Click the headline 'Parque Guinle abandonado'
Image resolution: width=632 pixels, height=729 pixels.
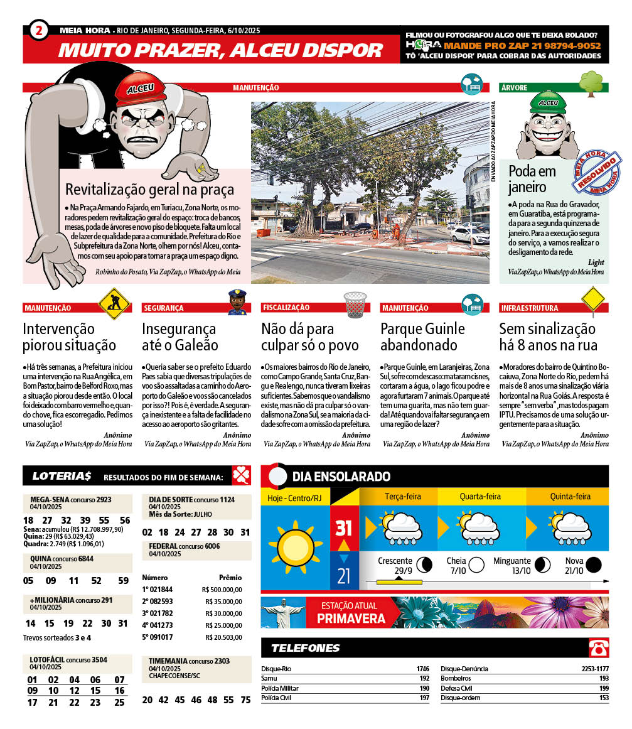(422, 337)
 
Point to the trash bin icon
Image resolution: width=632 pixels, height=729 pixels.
(355, 305)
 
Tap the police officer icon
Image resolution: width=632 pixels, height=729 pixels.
(237, 303)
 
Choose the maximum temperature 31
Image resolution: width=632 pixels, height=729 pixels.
(343, 528)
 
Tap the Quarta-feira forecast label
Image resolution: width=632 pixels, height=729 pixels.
(480, 497)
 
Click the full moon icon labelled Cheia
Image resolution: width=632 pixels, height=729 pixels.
(476, 564)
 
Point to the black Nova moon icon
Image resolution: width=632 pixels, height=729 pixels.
(593, 564)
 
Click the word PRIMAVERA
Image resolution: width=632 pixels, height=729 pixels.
(351, 618)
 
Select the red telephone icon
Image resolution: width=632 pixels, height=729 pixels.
(597, 647)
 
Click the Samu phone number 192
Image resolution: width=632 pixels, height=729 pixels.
(424, 678)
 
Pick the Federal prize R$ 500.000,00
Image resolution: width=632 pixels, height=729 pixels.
(223, 590)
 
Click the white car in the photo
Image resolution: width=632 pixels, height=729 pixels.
(469, 235)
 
